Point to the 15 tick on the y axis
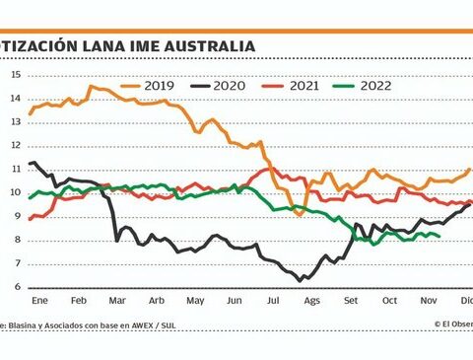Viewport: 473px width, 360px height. point(16,75)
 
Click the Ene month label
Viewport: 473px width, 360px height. point(40,300)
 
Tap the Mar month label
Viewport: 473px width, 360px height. point(117,300)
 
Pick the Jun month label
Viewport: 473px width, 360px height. point(235,300)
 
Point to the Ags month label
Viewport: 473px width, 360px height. point(312,300)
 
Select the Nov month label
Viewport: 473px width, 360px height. point(429,300)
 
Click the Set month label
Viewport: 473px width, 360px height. point(351,300)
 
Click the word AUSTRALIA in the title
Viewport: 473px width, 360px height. point(208,46)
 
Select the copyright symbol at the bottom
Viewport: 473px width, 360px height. point(437,323)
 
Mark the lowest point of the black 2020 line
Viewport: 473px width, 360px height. point(300,281)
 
